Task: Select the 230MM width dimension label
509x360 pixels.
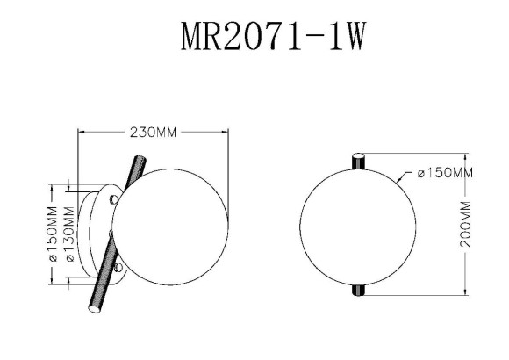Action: click(154, 133)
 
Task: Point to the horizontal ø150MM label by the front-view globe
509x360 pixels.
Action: click(445, 173)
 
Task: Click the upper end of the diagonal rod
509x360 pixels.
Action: click(139, 161)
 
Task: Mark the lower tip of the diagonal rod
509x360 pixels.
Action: click(91, 309)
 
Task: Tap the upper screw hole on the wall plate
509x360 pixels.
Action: click(113, 200)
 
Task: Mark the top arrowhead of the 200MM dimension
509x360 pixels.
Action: click(465, 155)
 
